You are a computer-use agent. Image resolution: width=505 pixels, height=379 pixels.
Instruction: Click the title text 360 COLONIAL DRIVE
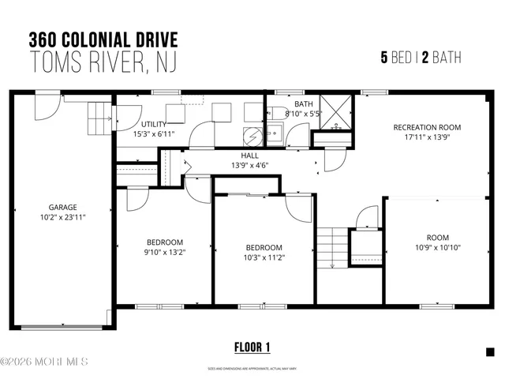pyautogui.click(x=103, y=39)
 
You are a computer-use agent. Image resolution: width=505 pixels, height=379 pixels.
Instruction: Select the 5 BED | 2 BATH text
pyautogui.click(x=421, y=58)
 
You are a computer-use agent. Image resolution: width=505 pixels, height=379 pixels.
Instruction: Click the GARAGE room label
pyautogui.click(x=62, y=208)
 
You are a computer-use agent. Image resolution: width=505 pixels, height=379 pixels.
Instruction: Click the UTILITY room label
pyautogui.click(x=153, y=125)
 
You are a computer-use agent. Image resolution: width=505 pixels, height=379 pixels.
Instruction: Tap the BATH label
pyautogui.click(x=304, y=104)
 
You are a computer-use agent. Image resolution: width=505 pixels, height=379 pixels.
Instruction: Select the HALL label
pyautogui.click(x=250, y=156)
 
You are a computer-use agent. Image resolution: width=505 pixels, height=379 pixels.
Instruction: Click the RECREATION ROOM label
pyautogui.click(x=427, y=127)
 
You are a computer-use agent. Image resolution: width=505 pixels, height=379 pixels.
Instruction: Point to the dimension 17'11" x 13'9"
pyautogui.click(x=427, y=137)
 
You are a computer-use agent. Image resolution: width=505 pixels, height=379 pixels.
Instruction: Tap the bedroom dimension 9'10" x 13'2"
pyautogui.click(x=164, y=253)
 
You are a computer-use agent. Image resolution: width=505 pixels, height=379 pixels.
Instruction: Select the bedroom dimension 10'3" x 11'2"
pyautogui.click(x=263, y=257)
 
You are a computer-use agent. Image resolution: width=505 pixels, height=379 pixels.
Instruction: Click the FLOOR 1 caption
pyautogui.click(x=252, y=347)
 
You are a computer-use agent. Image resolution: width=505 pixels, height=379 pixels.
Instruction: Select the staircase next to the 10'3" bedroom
pyautogui.click(x=331, y=248)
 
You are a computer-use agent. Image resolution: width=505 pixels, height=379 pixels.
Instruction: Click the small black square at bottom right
pyautogui.click(x=489, y=351)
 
